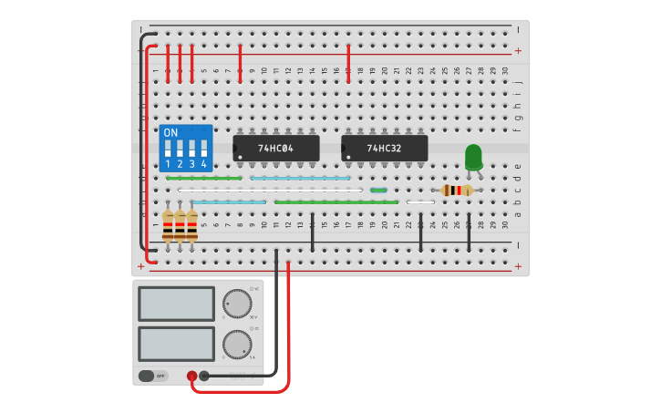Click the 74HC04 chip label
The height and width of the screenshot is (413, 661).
click(275, 148)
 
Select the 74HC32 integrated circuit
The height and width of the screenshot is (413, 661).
click(385, 148)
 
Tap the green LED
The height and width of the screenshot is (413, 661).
click(473, 158)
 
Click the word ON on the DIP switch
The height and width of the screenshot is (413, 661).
click(170, 133)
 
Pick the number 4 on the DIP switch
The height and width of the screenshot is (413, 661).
click(203, 164)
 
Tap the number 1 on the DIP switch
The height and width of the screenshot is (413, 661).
click(168, 164)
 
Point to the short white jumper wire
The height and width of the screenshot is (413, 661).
click(420, 201)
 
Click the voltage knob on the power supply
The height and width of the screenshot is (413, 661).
click(237, 304)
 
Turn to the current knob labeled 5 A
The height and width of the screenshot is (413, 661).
click(237, 345)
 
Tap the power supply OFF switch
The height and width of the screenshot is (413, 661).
click(153, 376)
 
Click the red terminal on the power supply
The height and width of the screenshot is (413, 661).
click(191, 376)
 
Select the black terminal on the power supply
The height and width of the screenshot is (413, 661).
click(204, 376)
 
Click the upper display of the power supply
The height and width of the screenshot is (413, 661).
click(177, 304)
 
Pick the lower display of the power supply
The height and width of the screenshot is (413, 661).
click(177, 344)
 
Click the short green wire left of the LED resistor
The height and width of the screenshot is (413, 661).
click(378, 191)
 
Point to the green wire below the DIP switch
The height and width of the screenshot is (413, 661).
click(204, 179)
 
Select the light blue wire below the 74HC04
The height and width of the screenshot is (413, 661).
click(228, 201)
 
